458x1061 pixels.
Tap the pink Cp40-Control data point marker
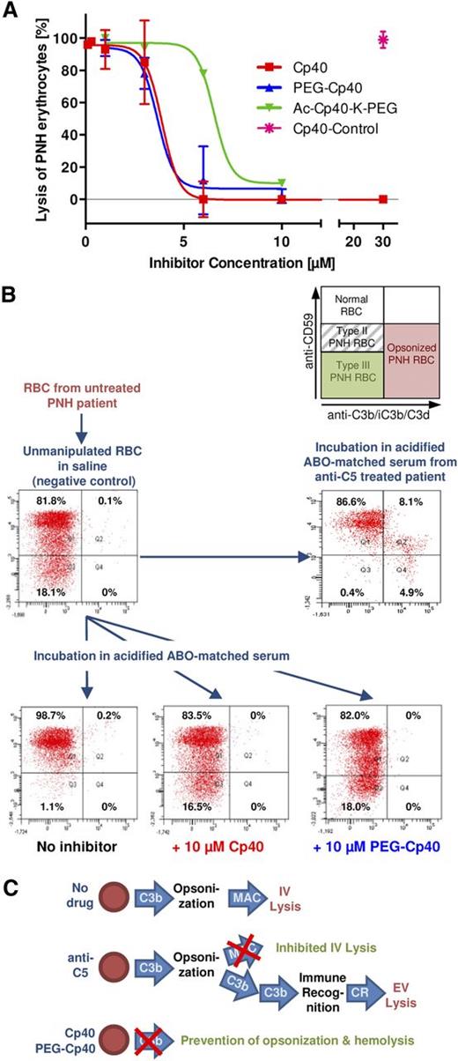click(382, 39)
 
